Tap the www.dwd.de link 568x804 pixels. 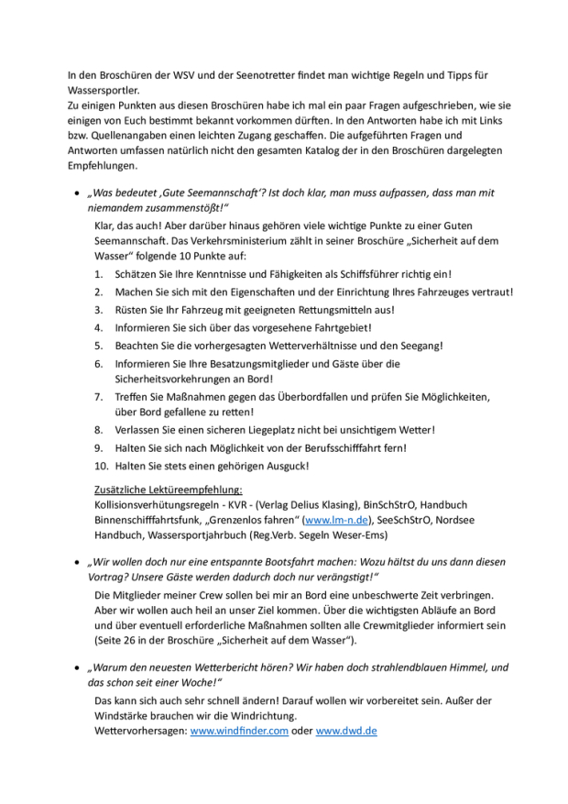[x=346, y=731]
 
